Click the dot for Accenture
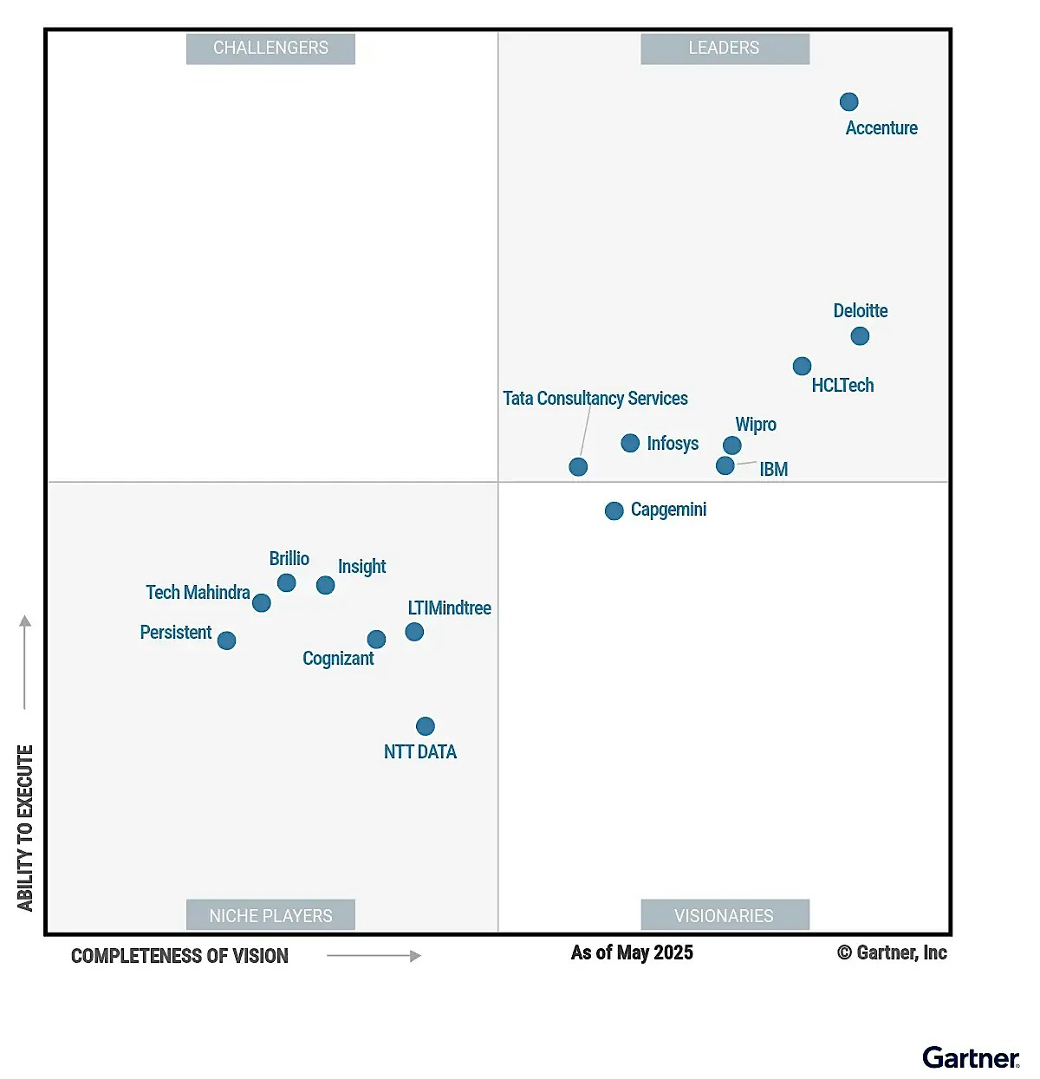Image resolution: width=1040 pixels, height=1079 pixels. pyautogui.click(x=849, y=102)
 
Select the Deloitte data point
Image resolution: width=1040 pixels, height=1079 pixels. pyautogui.click(x=860, y=335)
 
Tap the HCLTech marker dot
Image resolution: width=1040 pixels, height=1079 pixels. pyautogui.click(x=803, y=367)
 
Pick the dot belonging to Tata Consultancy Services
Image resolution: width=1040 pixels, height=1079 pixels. pyautogui.click(x=578, y=467)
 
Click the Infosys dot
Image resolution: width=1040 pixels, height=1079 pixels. pyautogui.click(x=631, y=443)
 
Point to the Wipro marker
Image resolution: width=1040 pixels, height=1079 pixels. pyautogui.click(x=732, y=445)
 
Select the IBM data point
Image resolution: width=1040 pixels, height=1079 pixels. pyautogui.click(x=725, y=466)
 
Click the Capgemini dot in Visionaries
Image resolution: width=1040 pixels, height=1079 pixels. pyautogui.click(x=614, y=510)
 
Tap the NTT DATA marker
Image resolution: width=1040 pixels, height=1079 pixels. pyautogui.click(x=426, y=726)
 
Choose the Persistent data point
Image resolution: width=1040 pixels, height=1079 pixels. pyautogui.click(x=227, y=640)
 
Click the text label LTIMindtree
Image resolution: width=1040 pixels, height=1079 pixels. pyautogui.click(x=449, y=608)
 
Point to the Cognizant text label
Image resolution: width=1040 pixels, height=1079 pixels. pyautogui.click(x=338, y=659)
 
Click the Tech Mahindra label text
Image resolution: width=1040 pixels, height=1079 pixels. pyautogui.click(x=198, y=593)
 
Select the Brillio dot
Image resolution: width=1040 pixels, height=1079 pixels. pyautogui.click(x=287, y=583)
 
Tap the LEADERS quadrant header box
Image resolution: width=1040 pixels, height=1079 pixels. pyautogui.click(x=725, y=49)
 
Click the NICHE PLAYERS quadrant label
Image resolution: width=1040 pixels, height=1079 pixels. pyautogui.click(x=270, y=915)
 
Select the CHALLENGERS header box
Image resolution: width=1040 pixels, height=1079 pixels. pyautogui.click(x=270, y=49)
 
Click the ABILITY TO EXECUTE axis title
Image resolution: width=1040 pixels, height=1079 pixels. pyautogui.click(x=25, y=828)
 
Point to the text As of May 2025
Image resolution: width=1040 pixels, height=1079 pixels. pyautogui.click(x=632, y=953)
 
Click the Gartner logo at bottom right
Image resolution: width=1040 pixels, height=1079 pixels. pyautogui.click(x=971, y=1058)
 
